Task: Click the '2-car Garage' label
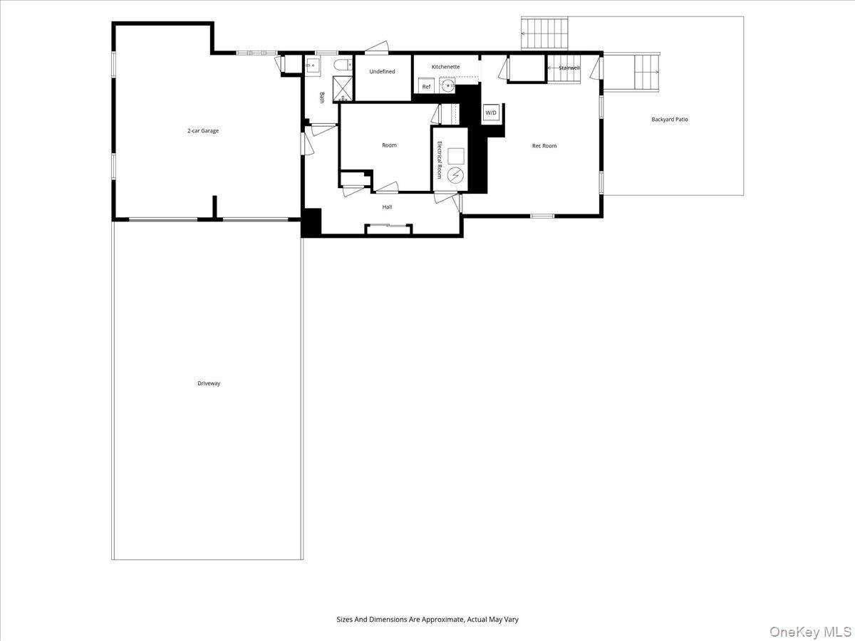coord(203,131)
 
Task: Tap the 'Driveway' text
coord(209,383)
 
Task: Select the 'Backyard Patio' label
coord(670,120)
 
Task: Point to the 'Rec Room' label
coord(544,146)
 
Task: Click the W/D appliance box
coord(491,113)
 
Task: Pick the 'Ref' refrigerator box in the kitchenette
coord(426,86)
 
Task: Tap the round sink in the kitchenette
coord(447,86)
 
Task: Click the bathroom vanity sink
coord(312,66)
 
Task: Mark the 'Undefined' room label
coord(382,71)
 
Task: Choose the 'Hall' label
coord(387,207)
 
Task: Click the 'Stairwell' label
coord(569,68)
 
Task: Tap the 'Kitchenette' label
coord(445,67)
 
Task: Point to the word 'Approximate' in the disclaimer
coord(437,620)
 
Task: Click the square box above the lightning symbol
coord(456,155)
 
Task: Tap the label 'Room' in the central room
coord(389,145)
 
